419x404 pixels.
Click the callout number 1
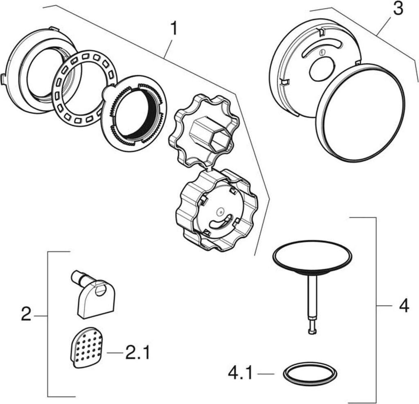click(173, 29)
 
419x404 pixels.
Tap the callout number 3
click(398, 9)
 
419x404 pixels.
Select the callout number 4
click(404, 305)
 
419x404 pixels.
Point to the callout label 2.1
click(137, 352)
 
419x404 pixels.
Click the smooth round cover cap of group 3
click(360, 113)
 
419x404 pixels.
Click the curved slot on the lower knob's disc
click(221, 221)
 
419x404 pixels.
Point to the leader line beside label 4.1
click(266, 374)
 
